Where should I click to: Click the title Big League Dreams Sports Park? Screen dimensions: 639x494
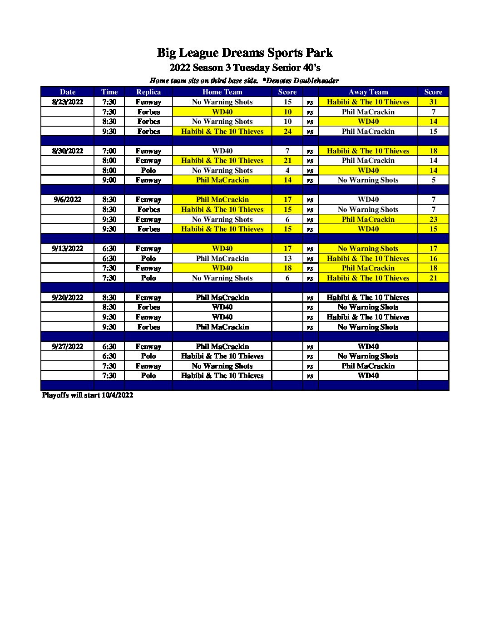coord(245,53)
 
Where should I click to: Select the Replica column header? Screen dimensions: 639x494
coord(148,92)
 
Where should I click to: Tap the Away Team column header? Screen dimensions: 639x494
coord(368,92)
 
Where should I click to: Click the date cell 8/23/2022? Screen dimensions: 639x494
coord(68,102)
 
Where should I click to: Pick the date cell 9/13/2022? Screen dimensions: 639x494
coord(68,248)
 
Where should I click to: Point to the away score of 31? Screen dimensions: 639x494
coord(433,102)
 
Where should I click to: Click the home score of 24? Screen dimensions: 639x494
coord(287,131)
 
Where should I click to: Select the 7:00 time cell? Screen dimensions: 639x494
coord(109,151)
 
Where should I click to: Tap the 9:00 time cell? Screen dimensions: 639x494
coord(109,180)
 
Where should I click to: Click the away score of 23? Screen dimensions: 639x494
coord(433,219)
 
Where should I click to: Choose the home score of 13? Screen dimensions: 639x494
coord(287,258)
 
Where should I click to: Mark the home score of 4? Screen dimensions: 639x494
coord(287,170)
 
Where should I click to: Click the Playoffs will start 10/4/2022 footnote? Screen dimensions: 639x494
coord(88,395)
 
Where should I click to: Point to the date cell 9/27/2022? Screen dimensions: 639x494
coord(68,346)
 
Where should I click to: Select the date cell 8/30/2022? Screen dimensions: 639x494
coord(68,151)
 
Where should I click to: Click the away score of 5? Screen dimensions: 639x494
coord(433,180)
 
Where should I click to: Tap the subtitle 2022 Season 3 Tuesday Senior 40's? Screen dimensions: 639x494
coord(245,68)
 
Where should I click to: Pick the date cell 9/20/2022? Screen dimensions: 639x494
coord(68,297)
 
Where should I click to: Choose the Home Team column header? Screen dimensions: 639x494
coord(222,92)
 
